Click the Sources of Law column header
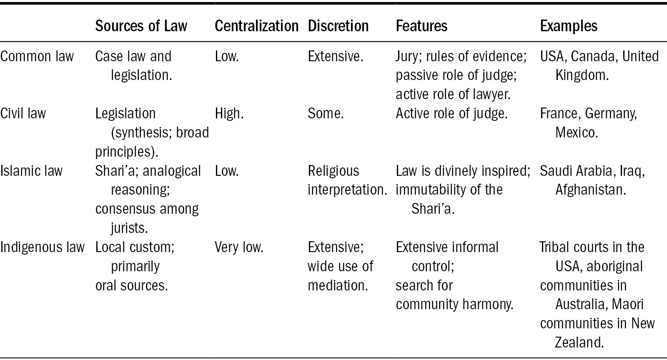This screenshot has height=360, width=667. [141, 26]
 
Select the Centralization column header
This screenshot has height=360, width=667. [256, 26]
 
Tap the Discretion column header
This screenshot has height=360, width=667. [338, 26]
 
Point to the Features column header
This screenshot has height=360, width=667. [421, 26]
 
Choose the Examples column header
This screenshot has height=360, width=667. [569, 26]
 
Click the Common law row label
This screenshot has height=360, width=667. [37, 56]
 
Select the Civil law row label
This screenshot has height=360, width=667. [23, 113]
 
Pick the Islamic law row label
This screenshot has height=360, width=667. [31, 171]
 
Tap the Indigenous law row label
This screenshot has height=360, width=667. [42, 247]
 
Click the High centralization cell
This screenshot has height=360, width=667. [229, 114]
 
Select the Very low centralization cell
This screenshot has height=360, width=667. [239, 247]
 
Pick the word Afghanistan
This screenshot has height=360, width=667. [591, 190]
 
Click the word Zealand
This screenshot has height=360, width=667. [579, 342]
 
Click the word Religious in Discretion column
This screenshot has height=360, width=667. [333, 171]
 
